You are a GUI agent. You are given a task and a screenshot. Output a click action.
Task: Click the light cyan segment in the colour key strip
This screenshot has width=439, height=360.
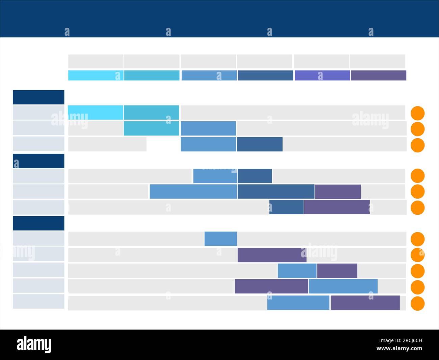point(96,75)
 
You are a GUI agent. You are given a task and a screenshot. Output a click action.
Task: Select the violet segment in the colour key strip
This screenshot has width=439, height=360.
point(322,75)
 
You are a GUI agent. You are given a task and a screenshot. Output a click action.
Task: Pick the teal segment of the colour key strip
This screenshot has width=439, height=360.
point(152,75)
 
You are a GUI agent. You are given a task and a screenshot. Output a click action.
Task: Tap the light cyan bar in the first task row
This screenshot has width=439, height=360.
point(96,113)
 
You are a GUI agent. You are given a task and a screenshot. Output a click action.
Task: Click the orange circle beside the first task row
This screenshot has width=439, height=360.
point(417,113)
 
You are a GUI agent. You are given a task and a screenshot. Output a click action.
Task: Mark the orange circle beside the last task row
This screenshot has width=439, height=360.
point(417,304)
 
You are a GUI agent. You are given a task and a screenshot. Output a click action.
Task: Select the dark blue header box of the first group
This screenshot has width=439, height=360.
point(38,97)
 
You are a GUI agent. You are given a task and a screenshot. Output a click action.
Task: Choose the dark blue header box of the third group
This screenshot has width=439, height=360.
point(38,223)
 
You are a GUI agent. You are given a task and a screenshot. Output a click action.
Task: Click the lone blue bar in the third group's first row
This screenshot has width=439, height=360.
point(221,239)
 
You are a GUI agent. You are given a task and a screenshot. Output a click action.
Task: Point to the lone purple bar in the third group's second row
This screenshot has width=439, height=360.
point(272,255)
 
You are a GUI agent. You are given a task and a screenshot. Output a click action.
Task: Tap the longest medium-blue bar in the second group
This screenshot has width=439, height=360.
point(193,192)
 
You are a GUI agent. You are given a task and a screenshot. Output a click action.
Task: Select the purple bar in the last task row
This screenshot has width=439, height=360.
point(365,303)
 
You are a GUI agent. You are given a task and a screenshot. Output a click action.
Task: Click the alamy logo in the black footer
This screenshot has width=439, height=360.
point(34,344)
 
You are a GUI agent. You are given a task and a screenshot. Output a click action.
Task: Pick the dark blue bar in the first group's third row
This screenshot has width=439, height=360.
point(259,144)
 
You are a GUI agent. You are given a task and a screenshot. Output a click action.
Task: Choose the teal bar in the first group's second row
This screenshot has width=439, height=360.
point(151,128)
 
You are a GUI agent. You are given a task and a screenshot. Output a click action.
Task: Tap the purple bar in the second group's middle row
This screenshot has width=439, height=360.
point(338,192)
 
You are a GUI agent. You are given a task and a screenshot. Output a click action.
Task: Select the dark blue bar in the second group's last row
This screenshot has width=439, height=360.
point(286,207)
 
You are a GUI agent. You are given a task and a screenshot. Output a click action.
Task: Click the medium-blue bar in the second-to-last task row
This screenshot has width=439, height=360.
point(343,286)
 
